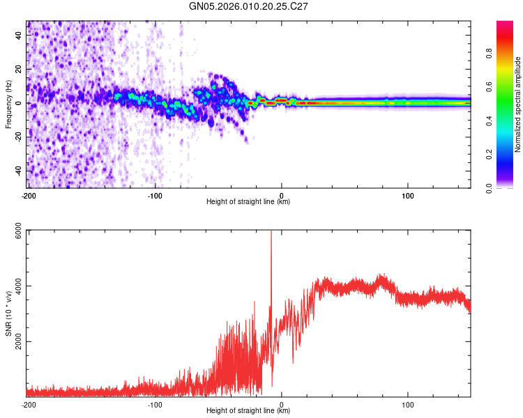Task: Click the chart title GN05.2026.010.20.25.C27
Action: pos(249,6)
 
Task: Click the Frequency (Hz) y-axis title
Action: pos(9,104)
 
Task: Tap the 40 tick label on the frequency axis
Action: pos(19,36)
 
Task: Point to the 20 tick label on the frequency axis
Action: pos(19,70)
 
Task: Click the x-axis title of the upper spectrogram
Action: pos(248,202)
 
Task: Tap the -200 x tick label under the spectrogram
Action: pos(29,195)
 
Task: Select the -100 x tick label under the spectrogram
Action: pos(155,195)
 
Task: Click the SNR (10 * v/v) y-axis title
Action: pos(9,313)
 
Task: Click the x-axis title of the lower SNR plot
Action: pos(248,411)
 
